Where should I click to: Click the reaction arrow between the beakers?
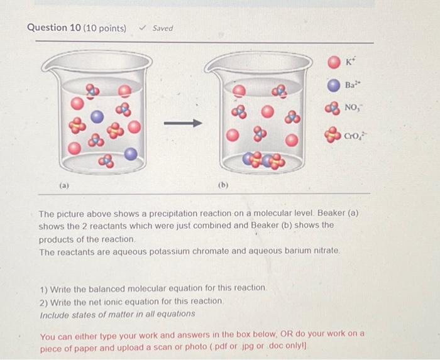(x=183, y=123)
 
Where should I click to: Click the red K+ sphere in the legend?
(x=334, y=63)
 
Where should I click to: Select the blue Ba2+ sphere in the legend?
(x=334, y=85)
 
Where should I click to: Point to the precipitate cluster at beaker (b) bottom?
(x=264, y=161)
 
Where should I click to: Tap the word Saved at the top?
(x=163, y=28)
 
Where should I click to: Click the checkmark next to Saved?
(x=143, y=28)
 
